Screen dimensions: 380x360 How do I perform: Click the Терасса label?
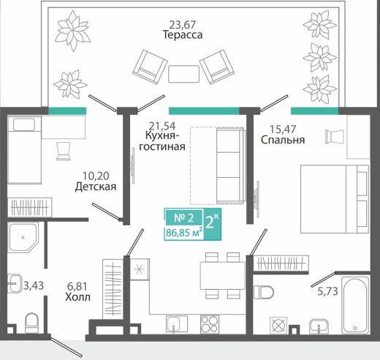(x=183, y=34)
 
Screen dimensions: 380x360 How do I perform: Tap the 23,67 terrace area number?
(x=183, y=24)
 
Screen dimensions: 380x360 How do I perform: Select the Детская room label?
(x=96, y=187)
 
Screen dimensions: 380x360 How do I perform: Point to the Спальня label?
(x=283, y=140)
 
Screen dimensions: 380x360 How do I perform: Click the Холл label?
(x=77, y=297)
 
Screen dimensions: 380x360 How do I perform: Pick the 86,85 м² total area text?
(x=184, y=233)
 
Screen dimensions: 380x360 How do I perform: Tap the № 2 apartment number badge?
(x=184, y=217)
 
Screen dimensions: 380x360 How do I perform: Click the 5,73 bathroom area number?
(x=327, y=291)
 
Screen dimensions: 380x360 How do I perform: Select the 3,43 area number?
(x=34, y=285)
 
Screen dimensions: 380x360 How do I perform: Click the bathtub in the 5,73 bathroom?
(x=355, y=305)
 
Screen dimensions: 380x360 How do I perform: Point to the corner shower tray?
(x=23, y=237)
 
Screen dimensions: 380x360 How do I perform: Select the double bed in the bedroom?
(x=335, y=199)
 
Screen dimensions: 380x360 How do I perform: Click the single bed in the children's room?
(x=24, y=150)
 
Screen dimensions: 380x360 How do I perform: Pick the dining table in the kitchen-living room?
(x=222, y=276)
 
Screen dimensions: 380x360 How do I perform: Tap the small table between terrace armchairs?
(x=183, y=74)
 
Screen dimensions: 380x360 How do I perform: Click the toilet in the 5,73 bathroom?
(x=264, y=292)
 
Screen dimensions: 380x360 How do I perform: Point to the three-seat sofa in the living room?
(x=230, y=166)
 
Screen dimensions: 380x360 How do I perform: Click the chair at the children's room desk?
(x=64, y=151)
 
